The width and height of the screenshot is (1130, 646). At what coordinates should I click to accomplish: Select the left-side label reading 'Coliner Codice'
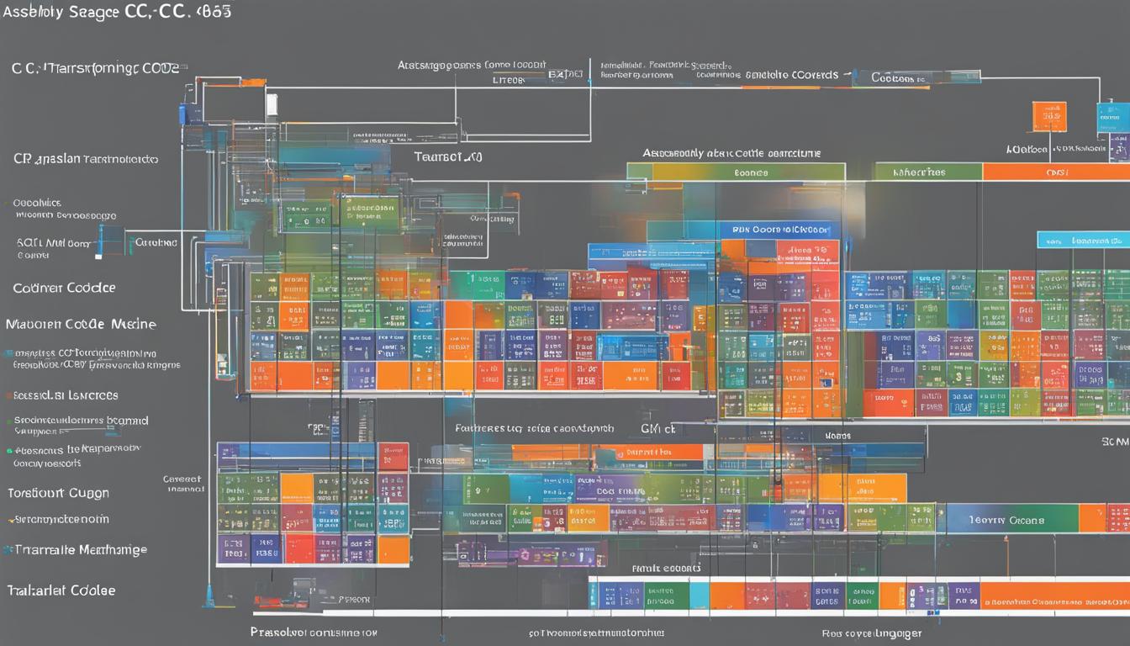click(x=64, y=288)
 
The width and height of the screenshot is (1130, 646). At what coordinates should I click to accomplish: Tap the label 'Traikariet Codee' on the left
click(x=61, y=590)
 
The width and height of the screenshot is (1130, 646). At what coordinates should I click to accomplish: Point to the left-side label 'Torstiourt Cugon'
click(x=58, y=493)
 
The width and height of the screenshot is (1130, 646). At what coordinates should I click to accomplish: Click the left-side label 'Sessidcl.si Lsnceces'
click(x=65, y=395)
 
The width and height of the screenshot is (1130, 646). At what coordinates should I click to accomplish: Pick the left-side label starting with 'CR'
click(x=84, y=158)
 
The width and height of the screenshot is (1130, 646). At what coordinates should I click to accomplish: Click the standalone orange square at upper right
click(x=1049, y=117)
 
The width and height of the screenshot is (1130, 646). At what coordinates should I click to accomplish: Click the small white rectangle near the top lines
click(x=272, y=104)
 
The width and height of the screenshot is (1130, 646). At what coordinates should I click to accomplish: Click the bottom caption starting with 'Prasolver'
click(x=314, y=632)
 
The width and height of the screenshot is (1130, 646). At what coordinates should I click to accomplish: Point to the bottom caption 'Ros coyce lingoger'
click(x=871, y=633)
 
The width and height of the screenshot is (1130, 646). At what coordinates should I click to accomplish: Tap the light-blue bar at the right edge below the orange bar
click(x=1083, y=240)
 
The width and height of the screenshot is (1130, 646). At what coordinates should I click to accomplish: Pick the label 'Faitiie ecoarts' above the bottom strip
click(x=666, y=569)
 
